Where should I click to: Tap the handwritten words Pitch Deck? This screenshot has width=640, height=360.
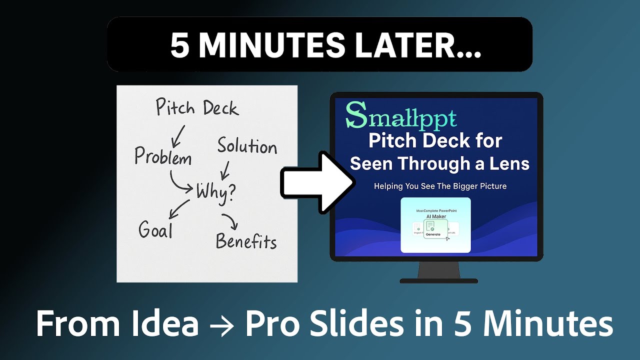[197, 107]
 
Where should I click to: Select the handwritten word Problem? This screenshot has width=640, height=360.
[163, 157]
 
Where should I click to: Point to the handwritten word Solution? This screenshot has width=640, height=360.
[247, 147]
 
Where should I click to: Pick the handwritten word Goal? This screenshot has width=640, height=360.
[155, 230]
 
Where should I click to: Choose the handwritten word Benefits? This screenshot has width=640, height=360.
[246, 241]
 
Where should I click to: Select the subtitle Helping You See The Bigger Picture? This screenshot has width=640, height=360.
[440, 186]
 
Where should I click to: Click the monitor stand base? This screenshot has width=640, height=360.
[438, 280]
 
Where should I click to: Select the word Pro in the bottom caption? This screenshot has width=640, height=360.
[273, 324]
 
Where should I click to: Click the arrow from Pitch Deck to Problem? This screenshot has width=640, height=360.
[177, 133]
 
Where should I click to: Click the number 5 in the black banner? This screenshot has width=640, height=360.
[179, 45]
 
